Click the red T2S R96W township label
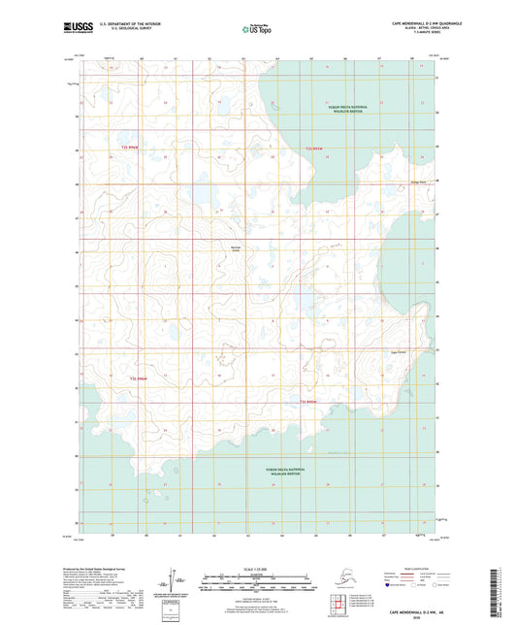[130, 148]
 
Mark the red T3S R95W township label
[308, 401]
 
